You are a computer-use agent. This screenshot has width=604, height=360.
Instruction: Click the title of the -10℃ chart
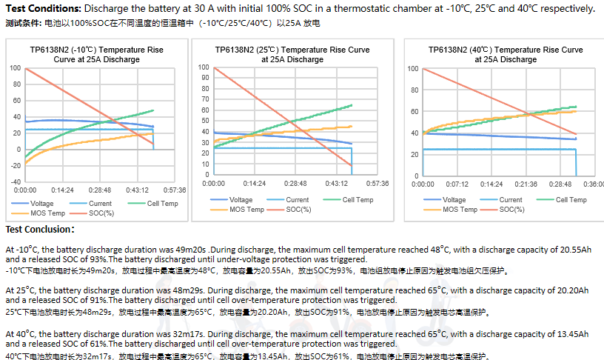click(97, 54)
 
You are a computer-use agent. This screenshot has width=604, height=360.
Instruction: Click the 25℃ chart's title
click(292, 54)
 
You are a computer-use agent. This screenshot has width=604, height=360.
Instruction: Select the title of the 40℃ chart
click(506, 54)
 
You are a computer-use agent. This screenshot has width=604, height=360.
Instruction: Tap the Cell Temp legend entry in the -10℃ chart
click(153, 204)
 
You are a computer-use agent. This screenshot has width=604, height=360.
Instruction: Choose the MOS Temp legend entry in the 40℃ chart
click(450, 210)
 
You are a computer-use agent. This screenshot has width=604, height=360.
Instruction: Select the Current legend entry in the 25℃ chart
click(287, 200)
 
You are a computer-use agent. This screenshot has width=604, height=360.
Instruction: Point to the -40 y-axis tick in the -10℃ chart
click(16, 182)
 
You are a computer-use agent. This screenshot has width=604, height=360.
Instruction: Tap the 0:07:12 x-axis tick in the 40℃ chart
click(457, 184)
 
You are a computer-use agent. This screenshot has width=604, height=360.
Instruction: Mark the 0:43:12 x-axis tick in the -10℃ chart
click(137, 190)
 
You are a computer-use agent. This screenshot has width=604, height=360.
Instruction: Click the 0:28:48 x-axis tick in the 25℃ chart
click(295, 184)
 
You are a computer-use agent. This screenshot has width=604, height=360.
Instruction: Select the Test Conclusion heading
click(40, 230)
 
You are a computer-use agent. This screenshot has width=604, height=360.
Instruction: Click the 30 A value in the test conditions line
click(204, 8)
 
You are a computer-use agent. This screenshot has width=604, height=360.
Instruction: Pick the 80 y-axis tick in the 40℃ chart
click(415, 90)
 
